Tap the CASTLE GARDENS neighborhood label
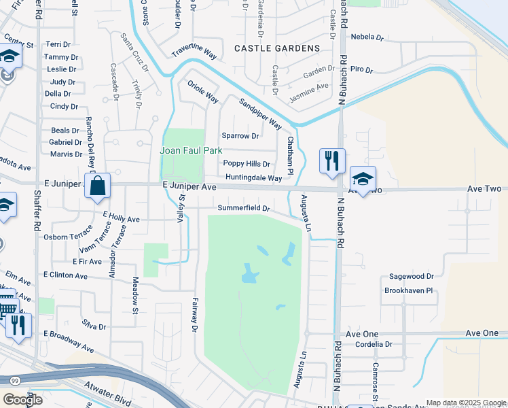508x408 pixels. [x=276, y=48]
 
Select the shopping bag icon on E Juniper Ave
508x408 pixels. [x=98, y=185]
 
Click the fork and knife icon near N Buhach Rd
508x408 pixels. [x=332, y=161]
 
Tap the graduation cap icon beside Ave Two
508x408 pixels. [x=363, y=180]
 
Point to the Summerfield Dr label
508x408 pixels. [x=244, y=208]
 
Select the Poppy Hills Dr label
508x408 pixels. [x=247, y=164]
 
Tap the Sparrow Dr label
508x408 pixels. [x=240, y=136]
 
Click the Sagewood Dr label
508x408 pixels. [x=411, y=277]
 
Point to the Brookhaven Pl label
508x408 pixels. [x=408, y=290]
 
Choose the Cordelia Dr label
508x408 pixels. [x=374, y=344]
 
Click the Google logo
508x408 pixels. [x=22, y=400]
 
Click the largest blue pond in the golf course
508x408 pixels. [x=249, y=275]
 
